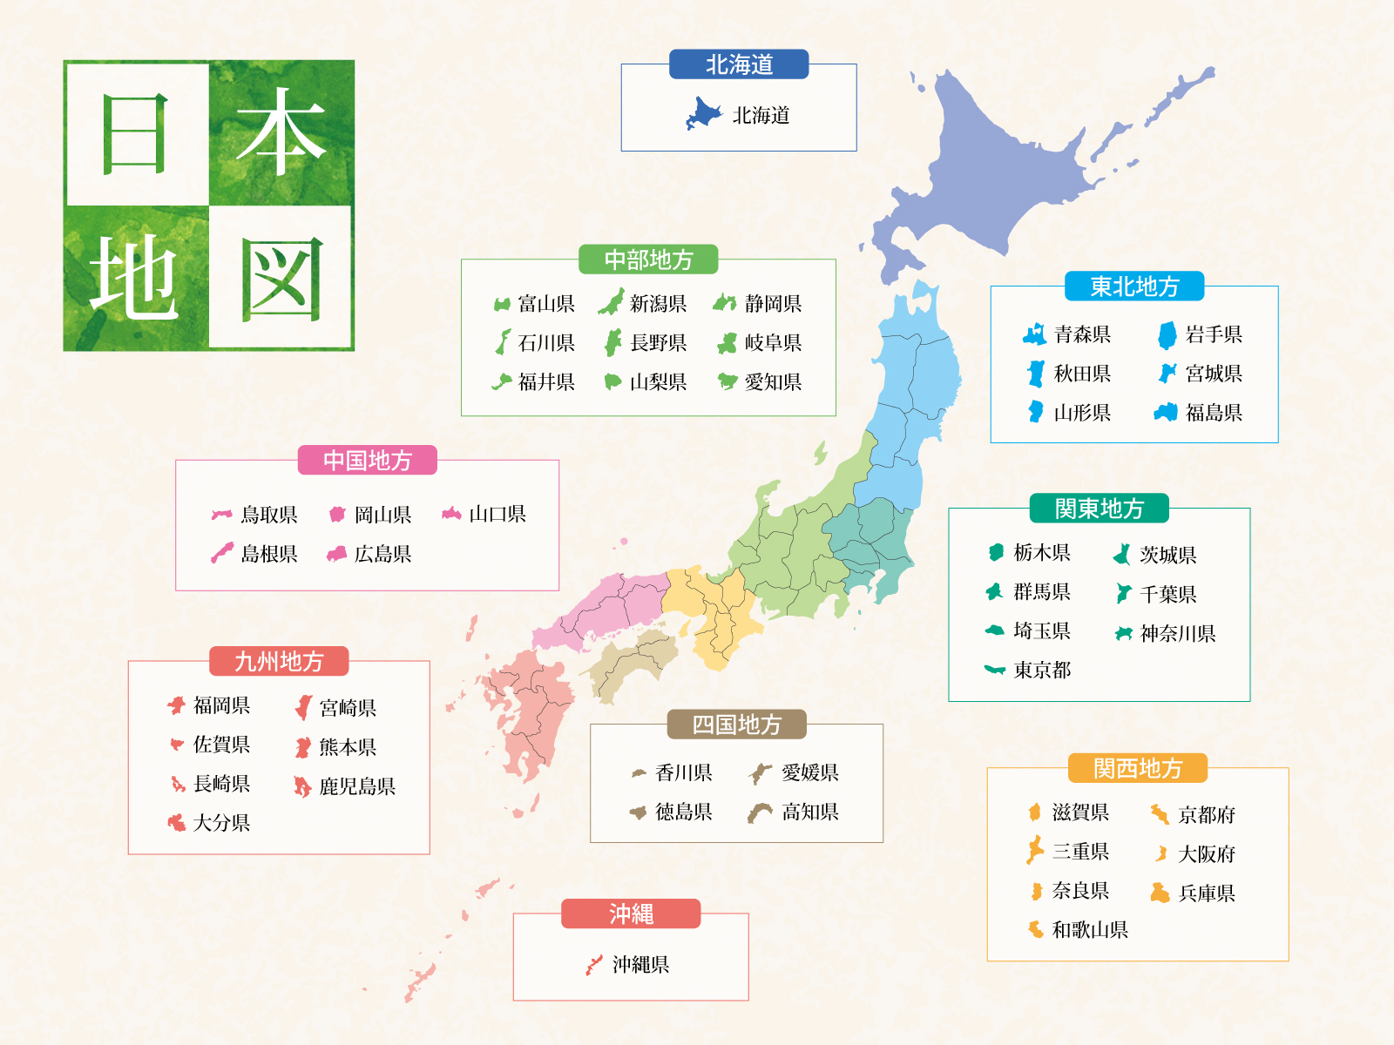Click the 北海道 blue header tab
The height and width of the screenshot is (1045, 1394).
(x=739, y=64)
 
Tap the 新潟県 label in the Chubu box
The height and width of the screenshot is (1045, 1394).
(x=658, y=304)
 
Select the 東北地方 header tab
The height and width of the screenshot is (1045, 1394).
(x=1134, y=287)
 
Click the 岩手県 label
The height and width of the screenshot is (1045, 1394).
(x=1214, y=334)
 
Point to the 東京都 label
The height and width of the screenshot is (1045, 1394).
(x=1042, y=670)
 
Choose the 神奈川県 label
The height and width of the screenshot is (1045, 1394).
(x=1177, y=633)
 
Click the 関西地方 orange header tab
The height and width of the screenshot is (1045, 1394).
(x=1138, y=768)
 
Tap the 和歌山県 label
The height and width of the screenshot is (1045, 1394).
(x=1089, y=930)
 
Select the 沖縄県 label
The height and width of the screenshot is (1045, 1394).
(x=640, y=965)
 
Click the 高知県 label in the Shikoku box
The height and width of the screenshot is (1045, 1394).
(x=809, y=812)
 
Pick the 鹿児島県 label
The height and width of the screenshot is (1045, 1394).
(x=356, y=786)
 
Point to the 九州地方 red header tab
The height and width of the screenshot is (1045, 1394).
(x=279, y=662)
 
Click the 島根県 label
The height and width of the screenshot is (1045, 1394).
(x=268, y=554)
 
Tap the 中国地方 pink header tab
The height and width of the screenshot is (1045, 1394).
(x=367, y=461)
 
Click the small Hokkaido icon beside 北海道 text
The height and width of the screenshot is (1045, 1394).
(x=703, y=114)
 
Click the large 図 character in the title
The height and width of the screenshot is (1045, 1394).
(x=281, y=279)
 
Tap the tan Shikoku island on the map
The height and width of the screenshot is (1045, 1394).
(x=632, y=666)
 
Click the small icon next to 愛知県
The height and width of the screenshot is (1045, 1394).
(x=727, y=381)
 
